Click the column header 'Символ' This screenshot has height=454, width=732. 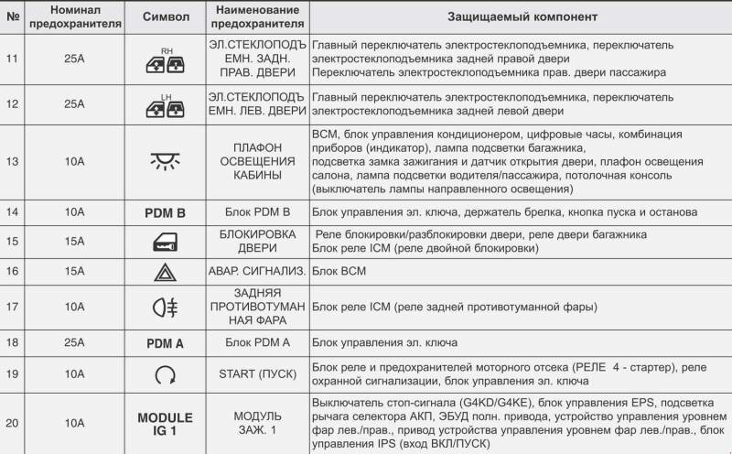(165, 17)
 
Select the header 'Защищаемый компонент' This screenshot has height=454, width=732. (522, 17)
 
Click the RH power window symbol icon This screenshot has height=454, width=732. (165, 60)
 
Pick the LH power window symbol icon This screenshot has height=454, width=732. (165, 106)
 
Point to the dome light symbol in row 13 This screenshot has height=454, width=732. (165, 162)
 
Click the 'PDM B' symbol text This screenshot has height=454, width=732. (165, 212)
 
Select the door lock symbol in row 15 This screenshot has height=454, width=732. (165, 242)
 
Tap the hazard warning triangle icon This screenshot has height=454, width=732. (165, 272)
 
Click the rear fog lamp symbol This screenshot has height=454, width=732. (165, 307)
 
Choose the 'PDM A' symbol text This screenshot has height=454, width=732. (165, 343)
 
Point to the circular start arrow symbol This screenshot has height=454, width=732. (165, 373)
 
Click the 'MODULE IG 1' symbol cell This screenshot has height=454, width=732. (165, 424)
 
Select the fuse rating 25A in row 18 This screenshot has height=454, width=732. (75, 343)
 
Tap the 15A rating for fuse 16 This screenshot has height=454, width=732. (75, 272)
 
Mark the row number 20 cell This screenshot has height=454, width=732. (11, 424)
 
